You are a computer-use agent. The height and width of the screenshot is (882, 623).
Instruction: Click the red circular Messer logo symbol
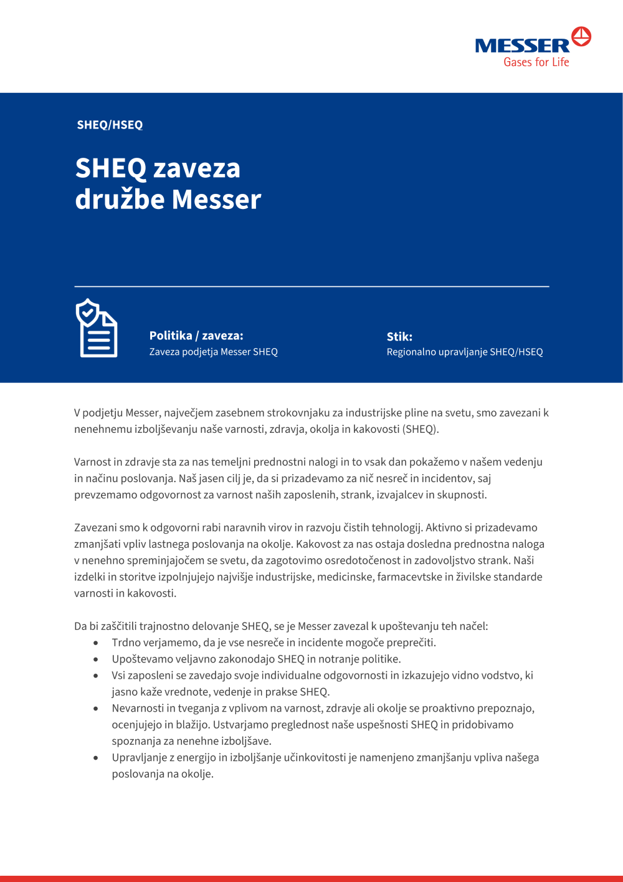[x=581, y=37]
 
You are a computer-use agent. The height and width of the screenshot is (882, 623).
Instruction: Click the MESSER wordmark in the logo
[x=522, y=46]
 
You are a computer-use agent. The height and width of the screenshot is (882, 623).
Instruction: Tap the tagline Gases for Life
[x=536, y=62]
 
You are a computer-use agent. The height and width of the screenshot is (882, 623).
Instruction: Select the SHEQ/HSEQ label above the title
[x=110, y=125]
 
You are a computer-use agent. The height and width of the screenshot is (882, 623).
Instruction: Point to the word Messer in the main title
[x=216, y=200]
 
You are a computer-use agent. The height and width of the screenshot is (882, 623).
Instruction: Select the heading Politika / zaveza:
[x=196, y=336]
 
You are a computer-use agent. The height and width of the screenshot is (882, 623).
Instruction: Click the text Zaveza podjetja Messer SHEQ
[x=213, y=352]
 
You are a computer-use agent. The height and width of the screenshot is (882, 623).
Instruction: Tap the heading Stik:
[x=399, y=337]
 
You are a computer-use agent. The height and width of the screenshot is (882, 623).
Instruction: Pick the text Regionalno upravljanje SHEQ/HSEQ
[x=465, y=352]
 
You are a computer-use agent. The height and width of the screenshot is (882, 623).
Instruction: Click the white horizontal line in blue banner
[x=311, y=286]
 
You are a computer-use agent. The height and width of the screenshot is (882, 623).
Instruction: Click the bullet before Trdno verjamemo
[x=96, y=642]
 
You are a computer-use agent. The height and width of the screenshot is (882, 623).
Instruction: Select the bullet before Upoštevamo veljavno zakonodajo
[x=96, y=659]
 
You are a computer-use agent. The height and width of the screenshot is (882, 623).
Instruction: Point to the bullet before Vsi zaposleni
[x=96, y=676]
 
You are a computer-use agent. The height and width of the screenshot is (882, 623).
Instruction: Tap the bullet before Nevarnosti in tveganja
[x=96, y=709]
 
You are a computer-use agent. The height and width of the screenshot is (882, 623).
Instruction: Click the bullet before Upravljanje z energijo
[x=96, y=758]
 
